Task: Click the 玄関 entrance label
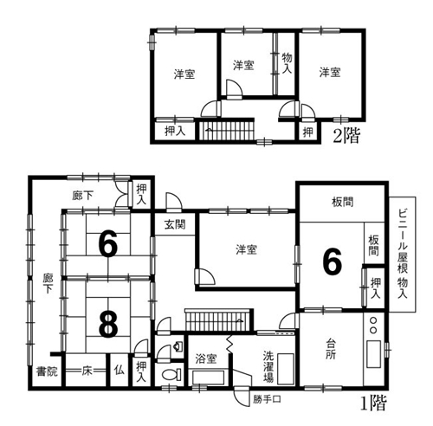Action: [x=175, y=224]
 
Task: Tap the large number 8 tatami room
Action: [x=108, y=325]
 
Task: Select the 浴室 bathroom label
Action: [x=206, y=358]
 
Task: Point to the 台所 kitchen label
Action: [x=331, y=349]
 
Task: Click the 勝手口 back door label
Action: [x=267, y=399]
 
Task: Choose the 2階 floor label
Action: [x=347, y=136]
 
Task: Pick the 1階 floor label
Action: [x=373, y=403]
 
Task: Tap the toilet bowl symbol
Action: [x=171, y=375]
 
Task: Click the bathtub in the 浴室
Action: [x=208, y=378]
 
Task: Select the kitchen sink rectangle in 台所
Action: [x=374, y=354]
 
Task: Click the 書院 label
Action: [x=47, y=371]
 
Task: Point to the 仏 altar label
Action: [x=120, y=371]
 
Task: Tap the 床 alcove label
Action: [x=87, y=371]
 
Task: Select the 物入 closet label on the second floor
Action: [x=287, y=63]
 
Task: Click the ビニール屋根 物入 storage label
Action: [x=403, y=254]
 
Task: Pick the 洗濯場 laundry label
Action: [x=268, y=366]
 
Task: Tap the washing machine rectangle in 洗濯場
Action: [x=286, y=369]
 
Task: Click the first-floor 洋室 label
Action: [x=246, y=249]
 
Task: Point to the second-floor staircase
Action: [x=227, y=130]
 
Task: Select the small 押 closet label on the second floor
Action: [x=308, y=132]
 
